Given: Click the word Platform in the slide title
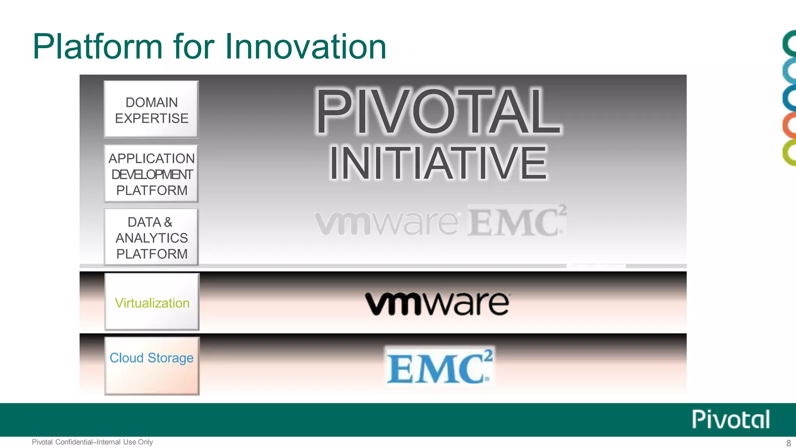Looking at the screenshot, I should point(98,47).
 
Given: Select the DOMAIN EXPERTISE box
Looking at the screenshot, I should point(151,109).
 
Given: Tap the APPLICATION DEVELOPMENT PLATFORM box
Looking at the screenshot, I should point(151,173).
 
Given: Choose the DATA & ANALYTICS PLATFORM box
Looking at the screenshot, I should point(151,237).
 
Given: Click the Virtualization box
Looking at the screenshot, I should point(152,302).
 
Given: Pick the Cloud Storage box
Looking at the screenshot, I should point(152,366).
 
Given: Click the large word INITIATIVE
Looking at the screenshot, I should point(438,163).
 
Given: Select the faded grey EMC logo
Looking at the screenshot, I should point(516,221).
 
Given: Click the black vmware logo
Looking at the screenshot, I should point(437,303).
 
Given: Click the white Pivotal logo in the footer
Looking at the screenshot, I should point(731,419).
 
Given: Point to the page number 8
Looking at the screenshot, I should point(789,443).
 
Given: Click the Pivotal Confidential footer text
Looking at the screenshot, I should point(93,442).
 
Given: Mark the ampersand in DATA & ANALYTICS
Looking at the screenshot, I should point(168,222).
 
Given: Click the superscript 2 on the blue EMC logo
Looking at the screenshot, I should point(488,356).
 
